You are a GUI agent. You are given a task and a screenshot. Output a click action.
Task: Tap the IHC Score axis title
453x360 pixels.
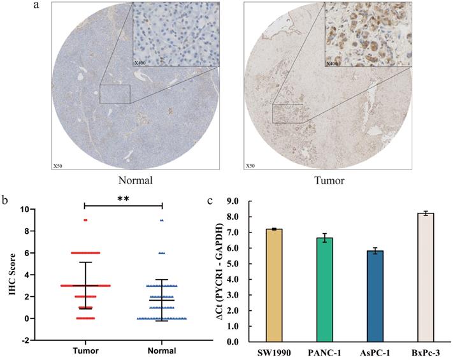[x=9, y=274]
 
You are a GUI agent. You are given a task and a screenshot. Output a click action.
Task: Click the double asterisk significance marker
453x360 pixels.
[x=124, y=199]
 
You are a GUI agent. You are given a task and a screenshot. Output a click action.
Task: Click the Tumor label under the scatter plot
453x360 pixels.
[x=84, y=353]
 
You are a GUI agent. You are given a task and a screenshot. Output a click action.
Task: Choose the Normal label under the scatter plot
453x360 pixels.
[x=162, y=353]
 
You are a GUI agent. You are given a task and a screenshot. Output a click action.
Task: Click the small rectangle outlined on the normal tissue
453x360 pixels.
[x=115, y=94]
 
